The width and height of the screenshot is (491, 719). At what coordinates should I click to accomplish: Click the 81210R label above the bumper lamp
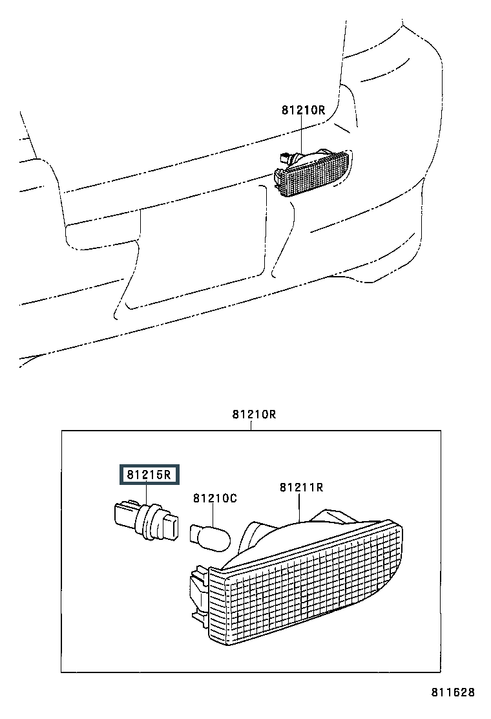(303, 110)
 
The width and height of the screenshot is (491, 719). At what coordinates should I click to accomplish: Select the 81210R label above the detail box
(254, 414)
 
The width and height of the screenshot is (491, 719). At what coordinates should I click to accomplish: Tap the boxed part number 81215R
(149, 475)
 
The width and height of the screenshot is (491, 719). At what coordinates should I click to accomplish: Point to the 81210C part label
(214, 498)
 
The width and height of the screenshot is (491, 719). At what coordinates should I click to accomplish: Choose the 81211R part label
(301, 487)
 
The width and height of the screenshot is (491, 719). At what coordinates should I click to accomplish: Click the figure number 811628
(452, 692)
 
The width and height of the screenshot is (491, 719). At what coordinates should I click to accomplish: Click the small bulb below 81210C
(210, 537)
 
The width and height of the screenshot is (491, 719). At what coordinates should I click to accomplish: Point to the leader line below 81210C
(213, 515)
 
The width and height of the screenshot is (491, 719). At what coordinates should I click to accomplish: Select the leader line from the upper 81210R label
(301, 135)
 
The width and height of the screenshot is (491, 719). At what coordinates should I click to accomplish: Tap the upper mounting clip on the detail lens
(199, 575)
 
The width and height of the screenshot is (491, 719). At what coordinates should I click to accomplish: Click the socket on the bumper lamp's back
(285, 158)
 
